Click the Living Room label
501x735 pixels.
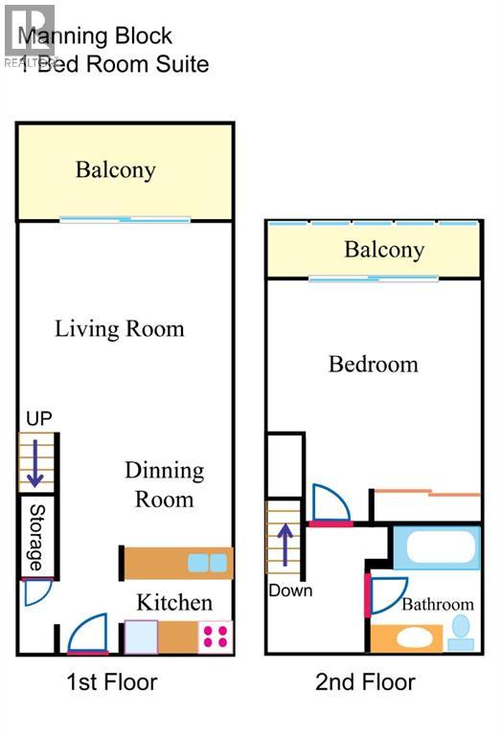tap(119, 329)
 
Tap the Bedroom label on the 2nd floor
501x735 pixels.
tap(373, 365)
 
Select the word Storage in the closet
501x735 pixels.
tap(36, 538)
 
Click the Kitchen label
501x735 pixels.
tap(173, 602)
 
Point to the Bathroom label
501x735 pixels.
tap(437, 605)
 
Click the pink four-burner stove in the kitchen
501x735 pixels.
tap(216, 636)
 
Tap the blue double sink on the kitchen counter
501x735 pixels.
tap(208, 563)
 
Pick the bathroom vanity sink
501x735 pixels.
tap(406, 637)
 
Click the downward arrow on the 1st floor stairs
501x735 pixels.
tap(34, 462)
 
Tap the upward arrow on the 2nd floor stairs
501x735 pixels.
tap(284, 543)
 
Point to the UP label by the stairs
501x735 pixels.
tap(39, 418)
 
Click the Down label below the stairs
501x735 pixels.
tap(290, 590)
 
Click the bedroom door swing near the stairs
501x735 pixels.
tap(330, 503)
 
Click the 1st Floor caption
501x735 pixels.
tap(111, 682)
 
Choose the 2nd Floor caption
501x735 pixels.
tap(365, 682)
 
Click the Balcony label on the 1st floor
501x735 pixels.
tap(115, 170)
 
